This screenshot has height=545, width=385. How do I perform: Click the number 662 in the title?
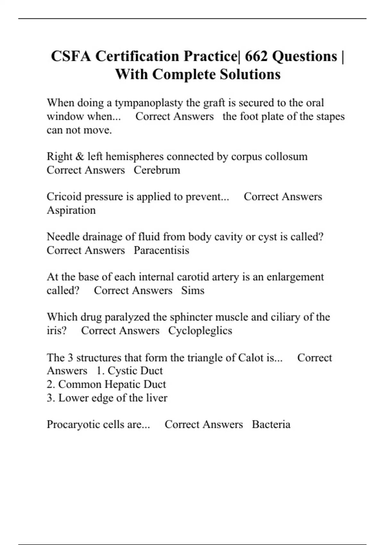[256, 56]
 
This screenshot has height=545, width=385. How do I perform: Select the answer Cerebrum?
[157, 170]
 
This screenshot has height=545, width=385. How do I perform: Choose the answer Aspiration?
[71, 210]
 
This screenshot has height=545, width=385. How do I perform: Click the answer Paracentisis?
[161, 250]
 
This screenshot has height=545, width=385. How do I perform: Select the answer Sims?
[193, 290]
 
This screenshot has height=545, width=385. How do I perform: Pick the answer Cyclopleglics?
[200, 331]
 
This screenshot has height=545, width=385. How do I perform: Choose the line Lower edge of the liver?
[107, 398]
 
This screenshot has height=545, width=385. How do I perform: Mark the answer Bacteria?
[271, 424]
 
